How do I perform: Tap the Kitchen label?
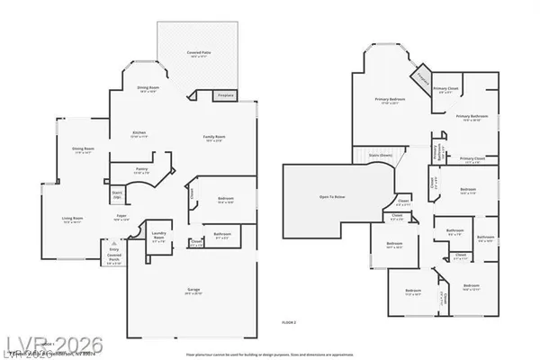[139, 133]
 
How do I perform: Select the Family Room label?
[213, 137]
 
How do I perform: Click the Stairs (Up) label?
[117, 193]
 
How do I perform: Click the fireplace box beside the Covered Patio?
[225, 95]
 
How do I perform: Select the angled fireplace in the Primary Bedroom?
[423, 76]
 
